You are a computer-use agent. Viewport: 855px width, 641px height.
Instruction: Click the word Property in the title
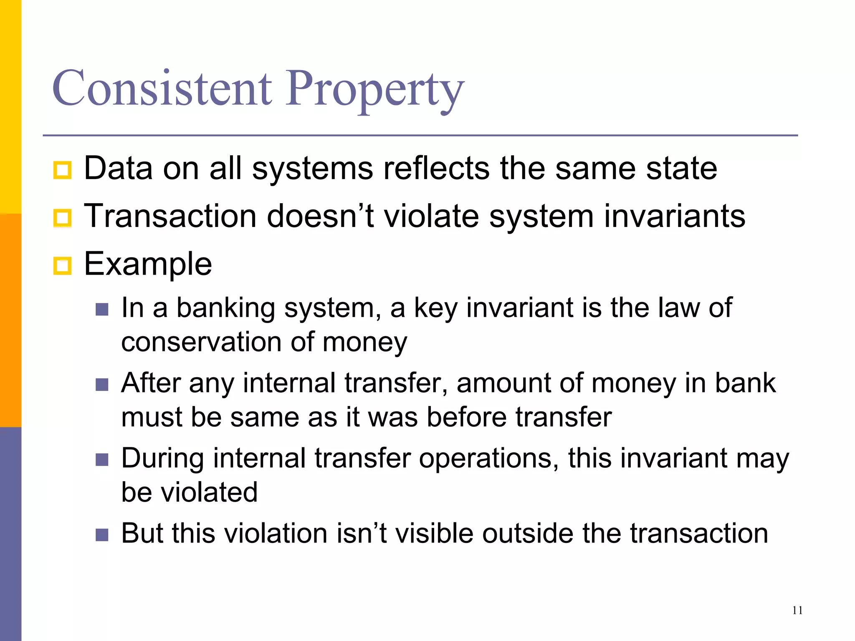[x=374, y=90]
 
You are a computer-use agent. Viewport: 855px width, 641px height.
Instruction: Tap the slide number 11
[x=797, y=611]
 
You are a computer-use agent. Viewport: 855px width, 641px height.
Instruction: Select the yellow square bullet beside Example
[x=63, y=265]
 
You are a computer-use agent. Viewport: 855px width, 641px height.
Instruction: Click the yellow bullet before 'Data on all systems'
[x=63, y=170]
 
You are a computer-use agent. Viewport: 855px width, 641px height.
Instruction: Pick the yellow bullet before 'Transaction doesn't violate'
[x=63, y=217]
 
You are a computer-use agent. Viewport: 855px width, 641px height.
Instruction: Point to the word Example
[x=148, y=265]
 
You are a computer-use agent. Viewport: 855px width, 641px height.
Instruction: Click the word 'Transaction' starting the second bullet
[x=170, y=216]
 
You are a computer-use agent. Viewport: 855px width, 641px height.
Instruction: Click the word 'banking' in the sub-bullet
[x=225, y=308]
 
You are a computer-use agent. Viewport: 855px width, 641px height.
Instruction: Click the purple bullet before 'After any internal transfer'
[x=102, y=384]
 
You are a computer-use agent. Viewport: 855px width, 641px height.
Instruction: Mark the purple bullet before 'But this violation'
[x=102, y=535]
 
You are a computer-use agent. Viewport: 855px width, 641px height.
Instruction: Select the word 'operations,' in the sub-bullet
[x=489, y=459]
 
